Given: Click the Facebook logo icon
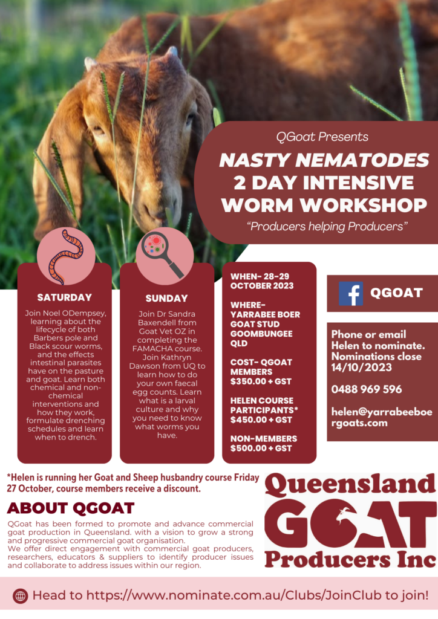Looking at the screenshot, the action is pyautogui.click(x=351, y=294).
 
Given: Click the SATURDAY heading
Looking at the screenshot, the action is pyautogui.click(x=64, y=297).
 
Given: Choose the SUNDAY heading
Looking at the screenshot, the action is pyautogui.click(x=166, y=299).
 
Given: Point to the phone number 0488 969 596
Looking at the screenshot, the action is pyautogui.click(x=367, y=390).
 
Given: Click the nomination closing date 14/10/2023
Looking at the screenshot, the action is pyautogui.click(x=361, y=368).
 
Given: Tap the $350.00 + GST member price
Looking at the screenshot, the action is pyautogui.click(x=261, y=381).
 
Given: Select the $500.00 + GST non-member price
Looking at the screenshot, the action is pyautogui.click(x=261, y=448).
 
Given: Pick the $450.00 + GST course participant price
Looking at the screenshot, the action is pyautogui.click(x=261, y=420).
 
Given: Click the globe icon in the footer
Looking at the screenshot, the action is pyautogui.click(x=20, y=595).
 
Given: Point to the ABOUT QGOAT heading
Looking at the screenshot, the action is pyautogui.click(x=71, y=508).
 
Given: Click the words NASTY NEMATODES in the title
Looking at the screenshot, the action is pyautogui.click(x=324, y=160).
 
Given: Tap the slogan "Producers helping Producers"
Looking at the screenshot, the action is pyautogui.click(x=327, y=227).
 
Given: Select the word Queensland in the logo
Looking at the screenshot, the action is pyautogui.click(x=350, y=485).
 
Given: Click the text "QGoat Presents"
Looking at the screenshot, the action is pyautogui.click(x=322, y=137).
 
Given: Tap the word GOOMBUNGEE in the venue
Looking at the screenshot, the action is pyautogui.click(x=261, y=334).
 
